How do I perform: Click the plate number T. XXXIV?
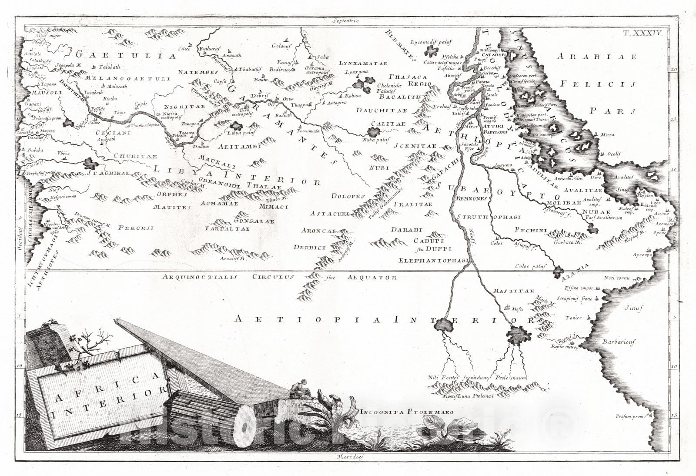pyautogui.click(x=648, y=33)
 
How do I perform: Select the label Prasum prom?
pyautogui.click(x=629, y=416)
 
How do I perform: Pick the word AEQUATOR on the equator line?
pyautogui.click(x=372, y=277)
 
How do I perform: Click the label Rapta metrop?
pyautogui.click(x=564, y=347)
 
